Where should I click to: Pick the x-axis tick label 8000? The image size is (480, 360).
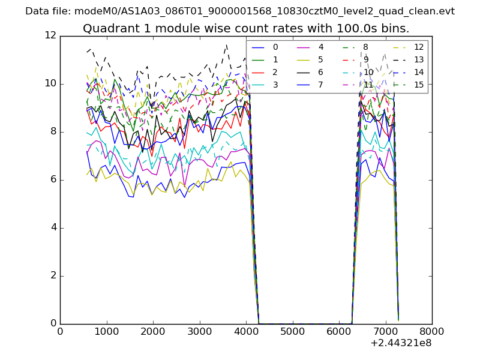tap(432, 331)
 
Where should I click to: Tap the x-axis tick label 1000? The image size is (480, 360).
tap(106, 331)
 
